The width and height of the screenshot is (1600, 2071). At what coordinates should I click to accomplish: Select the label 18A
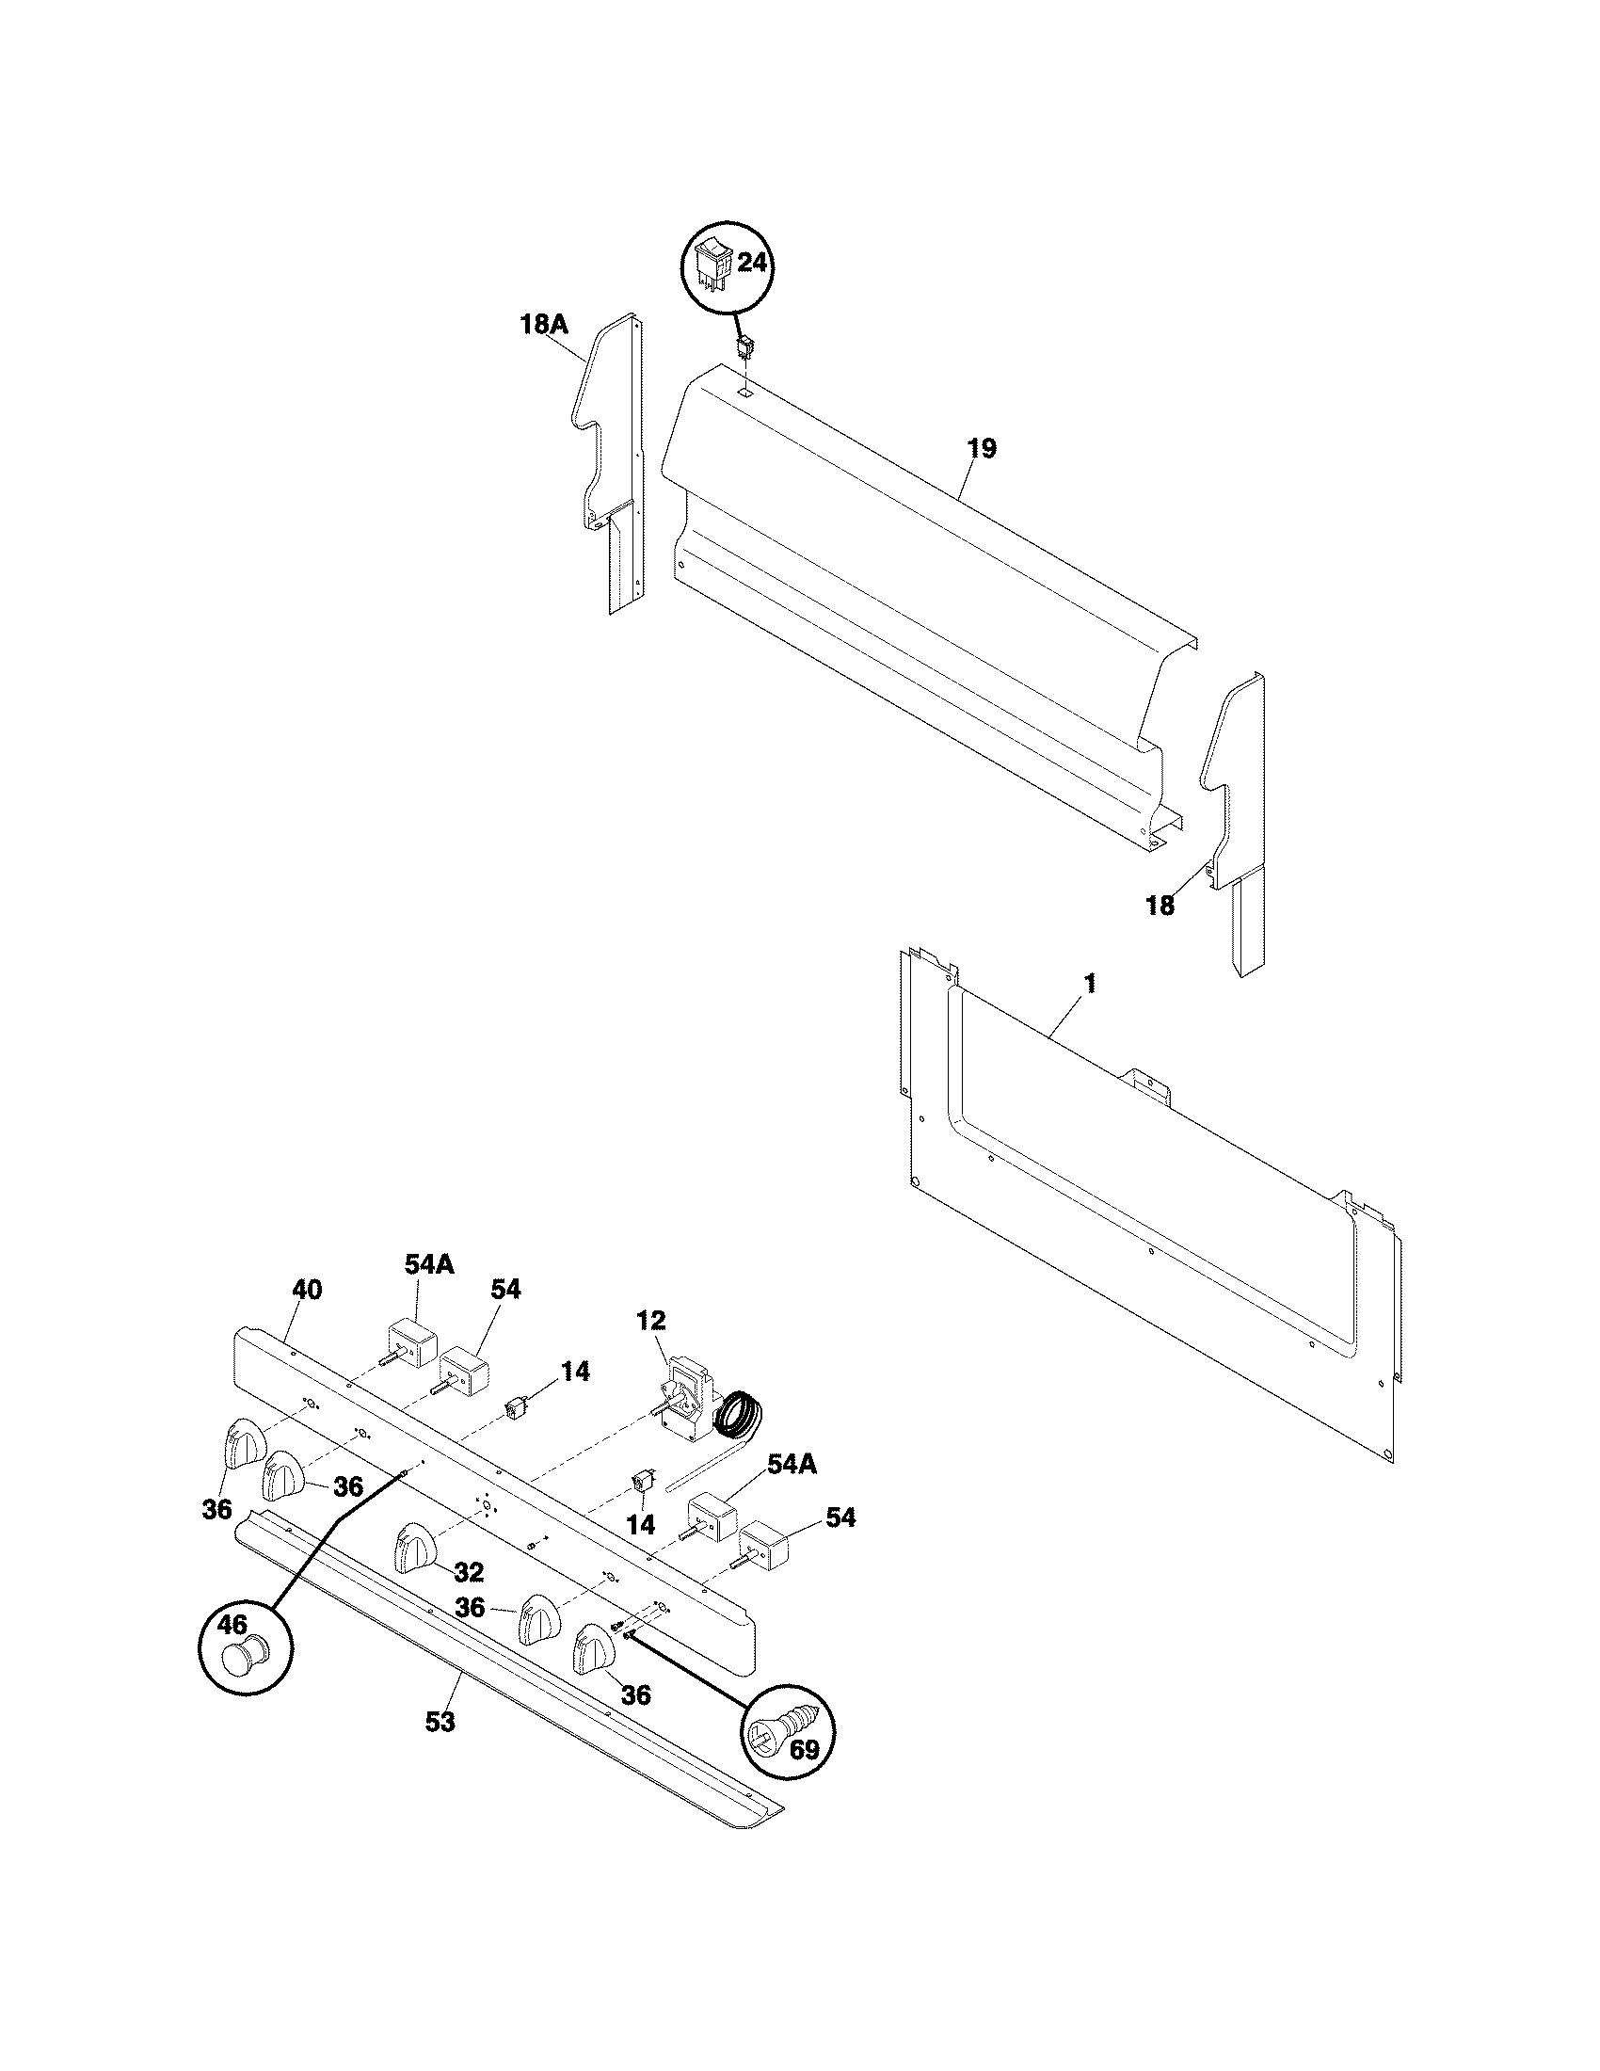544,326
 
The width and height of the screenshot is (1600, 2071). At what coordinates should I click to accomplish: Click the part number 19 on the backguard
983,448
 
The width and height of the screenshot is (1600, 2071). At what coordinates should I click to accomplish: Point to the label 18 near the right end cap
1160,906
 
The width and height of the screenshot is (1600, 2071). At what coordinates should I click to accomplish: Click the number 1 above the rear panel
1089,985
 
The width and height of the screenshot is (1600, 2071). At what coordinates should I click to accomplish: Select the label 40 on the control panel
306,1290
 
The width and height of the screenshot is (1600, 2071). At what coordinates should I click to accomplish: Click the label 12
651,1321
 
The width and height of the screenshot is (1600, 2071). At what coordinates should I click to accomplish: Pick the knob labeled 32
414,1548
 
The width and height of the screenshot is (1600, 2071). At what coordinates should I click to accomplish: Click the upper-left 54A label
417,1264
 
